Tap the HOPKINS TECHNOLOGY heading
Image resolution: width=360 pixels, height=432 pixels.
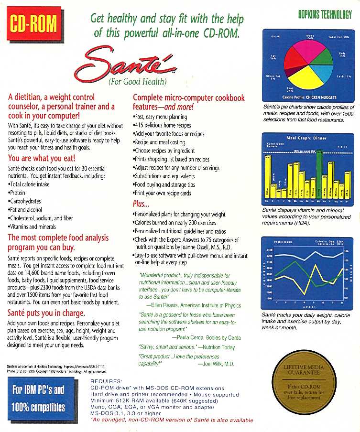(325, 15)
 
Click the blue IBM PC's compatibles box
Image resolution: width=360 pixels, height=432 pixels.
(38, 399)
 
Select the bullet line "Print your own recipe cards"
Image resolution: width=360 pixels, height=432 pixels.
(162, 193)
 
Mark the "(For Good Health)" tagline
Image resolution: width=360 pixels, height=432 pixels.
(137, 81)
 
